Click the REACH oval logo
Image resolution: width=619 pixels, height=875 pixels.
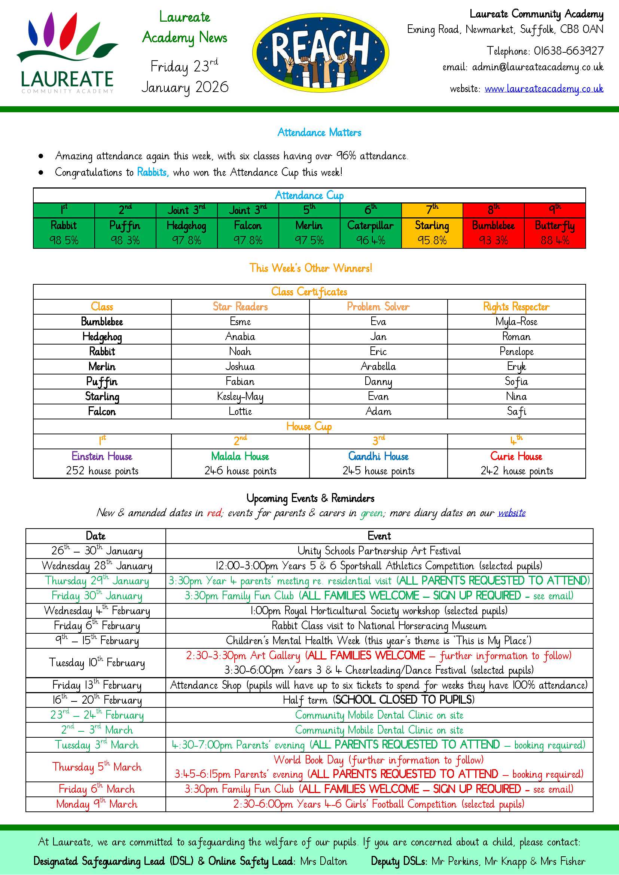(x=320, y=53)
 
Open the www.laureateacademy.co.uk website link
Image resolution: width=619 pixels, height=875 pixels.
(x=543, y=89)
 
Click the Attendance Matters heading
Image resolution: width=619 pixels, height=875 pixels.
(x=319, y=133)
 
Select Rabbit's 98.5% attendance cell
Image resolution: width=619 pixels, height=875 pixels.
(x=64, y=240)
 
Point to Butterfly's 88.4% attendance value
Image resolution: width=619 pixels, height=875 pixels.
(x=555, y=241)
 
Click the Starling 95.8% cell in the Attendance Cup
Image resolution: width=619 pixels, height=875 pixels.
(x=432, y=233)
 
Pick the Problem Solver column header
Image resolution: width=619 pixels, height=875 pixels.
(x=378, y=307)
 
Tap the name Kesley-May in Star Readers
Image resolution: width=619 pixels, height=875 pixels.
(x=240, y=396)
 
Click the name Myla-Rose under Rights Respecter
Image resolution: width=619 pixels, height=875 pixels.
(x=516, y=322)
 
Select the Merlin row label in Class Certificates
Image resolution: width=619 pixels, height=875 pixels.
(x=102, y=367)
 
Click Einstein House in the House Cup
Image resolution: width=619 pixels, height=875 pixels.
(x=102, y=456)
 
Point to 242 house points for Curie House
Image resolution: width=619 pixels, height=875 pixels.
(x=516, y=471)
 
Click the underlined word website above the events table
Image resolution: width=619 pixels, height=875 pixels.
(x=512, y=513)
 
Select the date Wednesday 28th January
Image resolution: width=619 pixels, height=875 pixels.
(x=97, y=566)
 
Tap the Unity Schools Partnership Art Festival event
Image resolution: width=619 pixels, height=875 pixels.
(x=379, y=551)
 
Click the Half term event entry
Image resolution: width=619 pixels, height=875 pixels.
(x=379, y=700)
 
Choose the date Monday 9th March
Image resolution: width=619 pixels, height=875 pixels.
(x=97, y=804)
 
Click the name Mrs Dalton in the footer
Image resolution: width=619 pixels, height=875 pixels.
(x=324, y=861)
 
